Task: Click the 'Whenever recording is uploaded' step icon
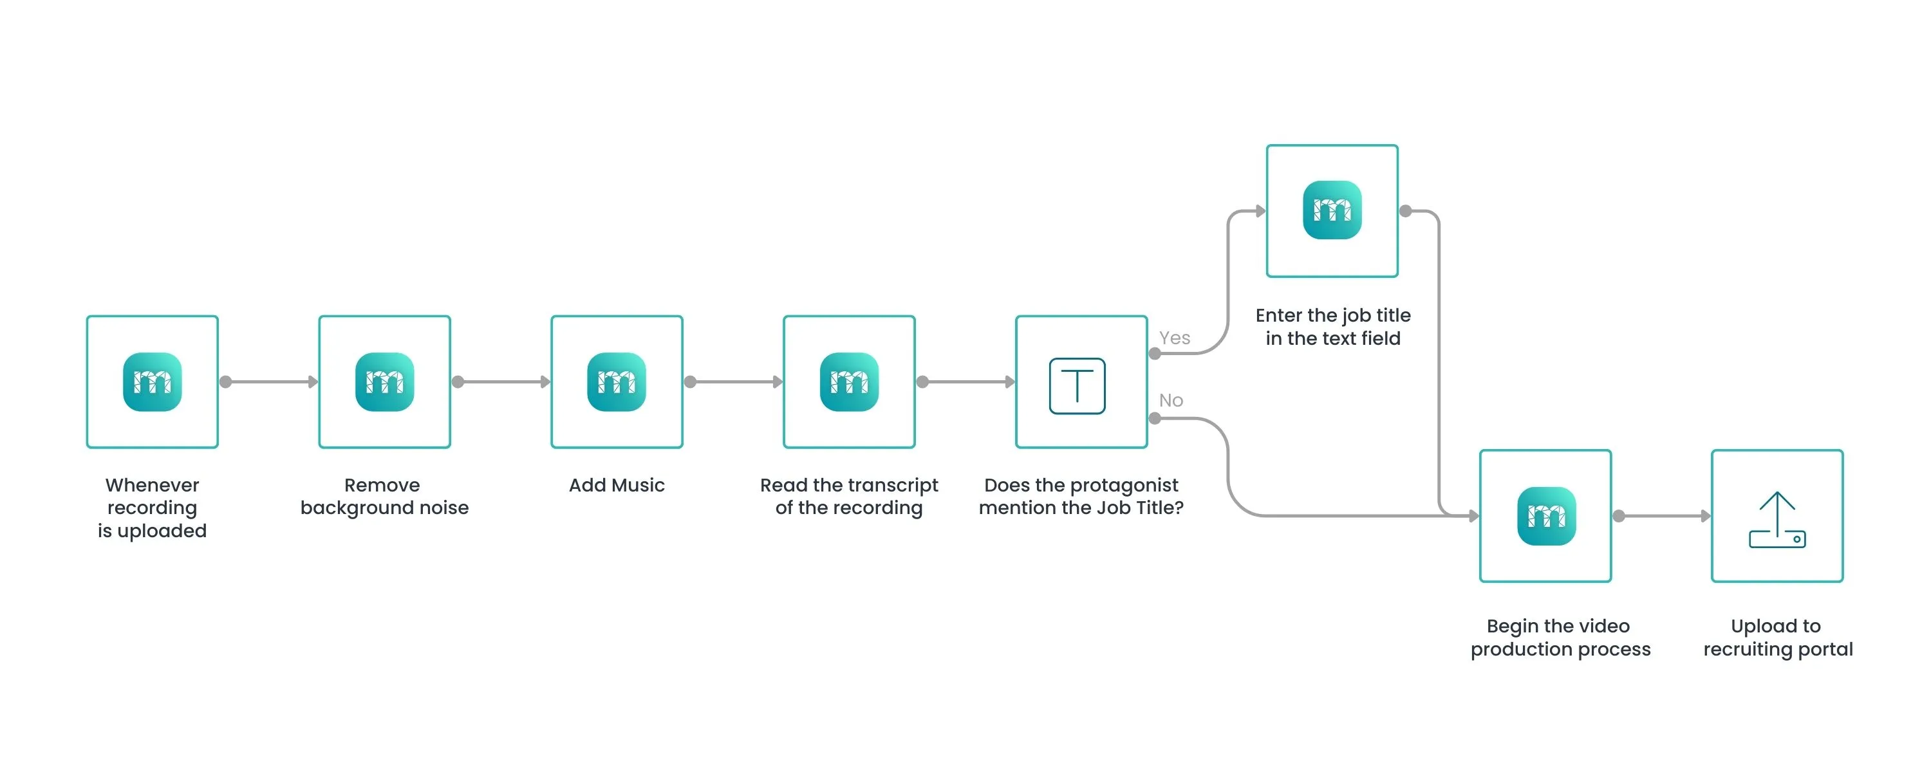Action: tap(152, 381)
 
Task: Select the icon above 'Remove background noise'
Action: tap(384, 381)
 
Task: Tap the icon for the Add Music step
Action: tap(616, 381)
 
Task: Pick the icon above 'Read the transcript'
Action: tap(848, 381)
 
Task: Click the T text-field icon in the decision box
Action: tap(1077, 385)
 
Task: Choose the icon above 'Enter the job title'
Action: tap(1332, 210)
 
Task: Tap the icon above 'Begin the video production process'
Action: tap(1545, 516)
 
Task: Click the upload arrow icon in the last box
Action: tap(1777, 519)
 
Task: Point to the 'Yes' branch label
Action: tap(1174, 338)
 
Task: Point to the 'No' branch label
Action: tap(1171, 400)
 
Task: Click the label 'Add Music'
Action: tap(616, 485)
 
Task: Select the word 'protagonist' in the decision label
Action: tap(1124, 485)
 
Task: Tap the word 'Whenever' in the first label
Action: tap(152, 485)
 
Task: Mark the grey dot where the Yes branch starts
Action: tap(1155, 354)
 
